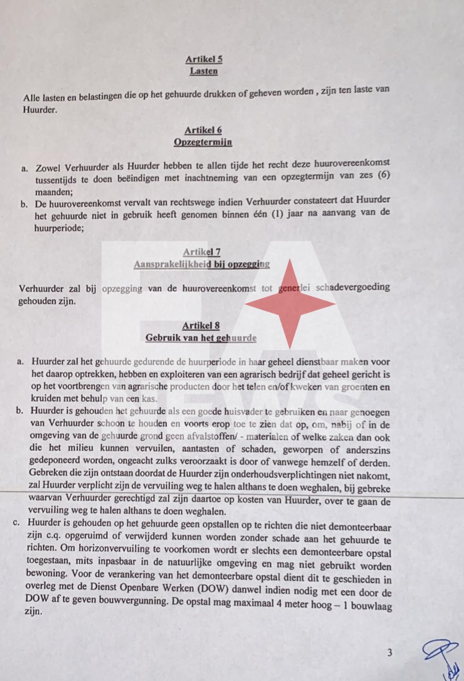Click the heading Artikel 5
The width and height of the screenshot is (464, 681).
click(x=204, y=60)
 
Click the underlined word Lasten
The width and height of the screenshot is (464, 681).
click(x=203, y=71)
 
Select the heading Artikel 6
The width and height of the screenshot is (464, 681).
click(x=203, y=130)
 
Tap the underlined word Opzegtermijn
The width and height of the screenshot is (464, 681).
click(x=202, y=143)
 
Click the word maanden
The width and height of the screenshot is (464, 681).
click(x=54, y=189)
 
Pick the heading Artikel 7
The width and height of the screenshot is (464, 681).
click(x=202, y=252)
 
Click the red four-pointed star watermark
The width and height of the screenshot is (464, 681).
click(x=290, y=304)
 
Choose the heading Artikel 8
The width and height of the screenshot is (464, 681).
click(x=201, y=326)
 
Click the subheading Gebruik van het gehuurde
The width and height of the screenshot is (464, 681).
click(x=201, y=338)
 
